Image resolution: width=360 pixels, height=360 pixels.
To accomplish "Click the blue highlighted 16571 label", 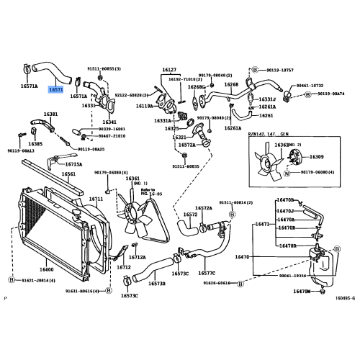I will click(55, 90).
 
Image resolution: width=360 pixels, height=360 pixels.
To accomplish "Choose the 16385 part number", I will click(35, 143).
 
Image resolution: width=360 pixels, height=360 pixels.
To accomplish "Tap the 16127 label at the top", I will click(169, 70).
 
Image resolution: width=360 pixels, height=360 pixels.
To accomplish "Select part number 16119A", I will click(145, 106).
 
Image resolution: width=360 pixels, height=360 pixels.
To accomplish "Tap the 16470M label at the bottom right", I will click(302, 292).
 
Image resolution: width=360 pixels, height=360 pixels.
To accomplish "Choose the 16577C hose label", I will click(207, 274).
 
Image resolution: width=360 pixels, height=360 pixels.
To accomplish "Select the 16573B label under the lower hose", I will click(156, 284).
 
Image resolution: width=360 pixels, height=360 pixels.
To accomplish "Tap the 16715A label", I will click(75, 163).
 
